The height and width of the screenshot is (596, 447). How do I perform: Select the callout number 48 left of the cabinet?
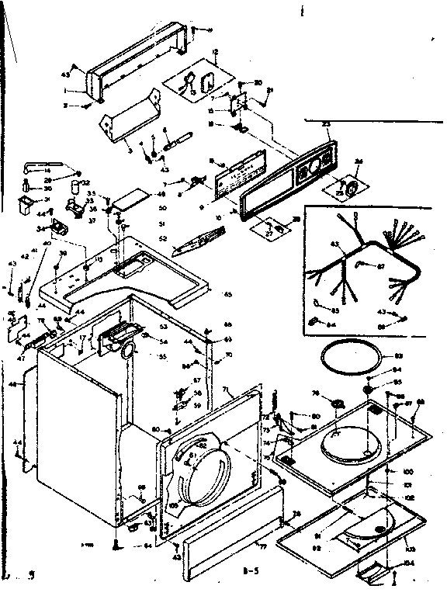(13, 384)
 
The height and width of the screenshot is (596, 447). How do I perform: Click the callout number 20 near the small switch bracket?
(258, 82)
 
